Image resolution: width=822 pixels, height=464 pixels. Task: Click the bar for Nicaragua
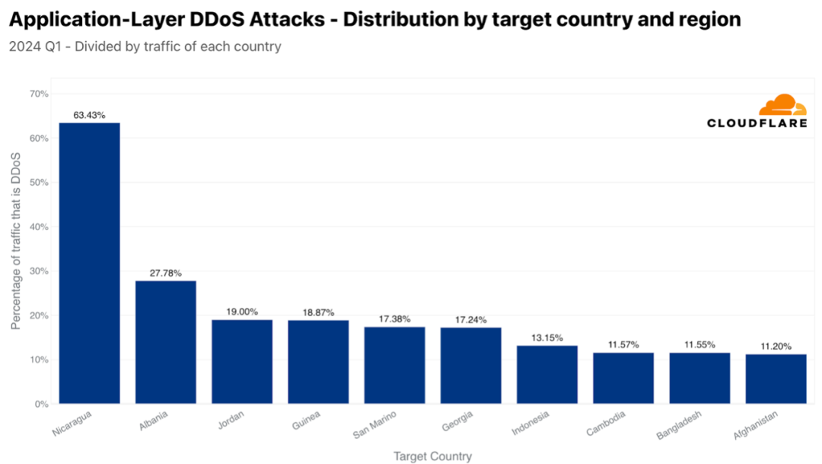click(90, 263)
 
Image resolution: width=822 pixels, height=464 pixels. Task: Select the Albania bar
click(166, 342)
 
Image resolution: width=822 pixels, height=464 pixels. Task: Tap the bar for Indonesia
click(547, 374)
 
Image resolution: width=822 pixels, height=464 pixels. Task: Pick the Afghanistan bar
click(776, 379)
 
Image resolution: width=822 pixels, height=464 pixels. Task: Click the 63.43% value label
click(90, 115)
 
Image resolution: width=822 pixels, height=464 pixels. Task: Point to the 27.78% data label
click(166, 273)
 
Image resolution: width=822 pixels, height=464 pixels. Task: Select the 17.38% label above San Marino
click(394, 319)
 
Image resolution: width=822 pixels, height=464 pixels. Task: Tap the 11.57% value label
click(623, 345)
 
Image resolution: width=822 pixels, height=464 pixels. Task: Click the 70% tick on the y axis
click(39, 94)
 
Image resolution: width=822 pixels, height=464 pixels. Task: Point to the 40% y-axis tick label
click(39, 227)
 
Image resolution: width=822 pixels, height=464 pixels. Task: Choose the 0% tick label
click(41, 404)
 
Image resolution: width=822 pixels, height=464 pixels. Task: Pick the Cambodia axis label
click(606, 424)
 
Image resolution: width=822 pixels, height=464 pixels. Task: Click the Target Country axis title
click(432, 456)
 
